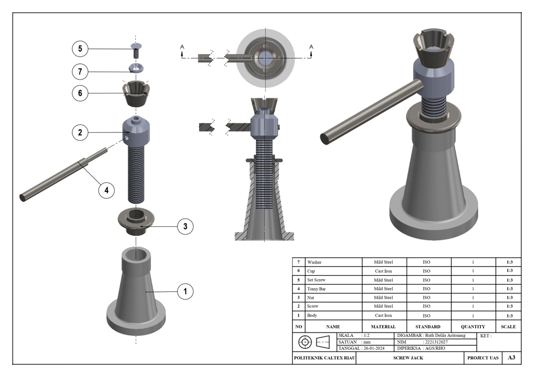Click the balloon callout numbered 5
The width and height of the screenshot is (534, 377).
80,49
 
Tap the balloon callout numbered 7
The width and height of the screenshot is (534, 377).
80,72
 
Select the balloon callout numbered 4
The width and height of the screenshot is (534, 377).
106,190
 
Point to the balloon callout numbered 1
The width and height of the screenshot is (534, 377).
185,291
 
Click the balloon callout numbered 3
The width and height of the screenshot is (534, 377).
185,226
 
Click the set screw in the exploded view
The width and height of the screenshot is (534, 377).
136,50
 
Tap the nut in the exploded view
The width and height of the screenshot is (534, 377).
136,222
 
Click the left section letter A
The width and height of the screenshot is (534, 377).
182,47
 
